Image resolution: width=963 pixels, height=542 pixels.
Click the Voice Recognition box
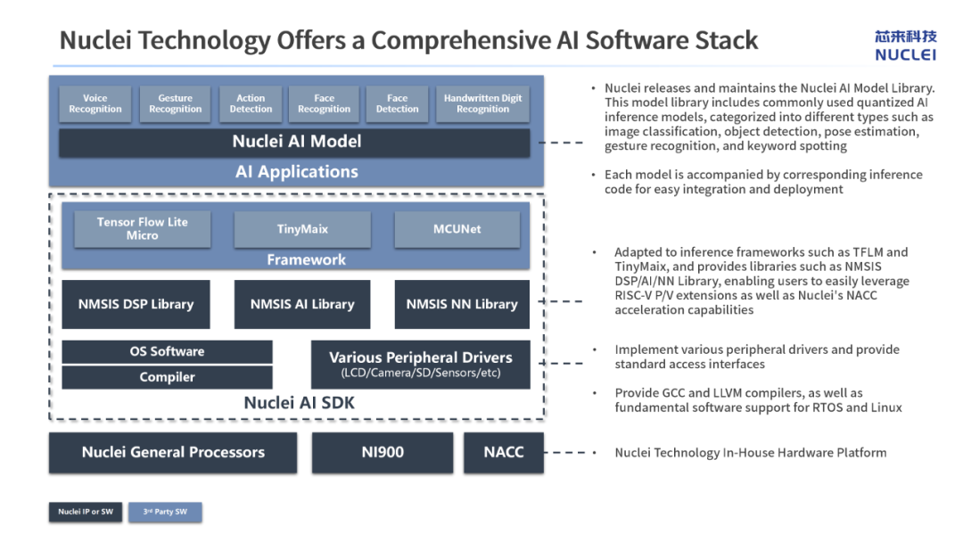coord(95,103)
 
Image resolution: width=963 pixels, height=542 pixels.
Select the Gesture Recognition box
coord(175,103)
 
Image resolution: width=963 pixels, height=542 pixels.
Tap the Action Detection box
coord(251,103)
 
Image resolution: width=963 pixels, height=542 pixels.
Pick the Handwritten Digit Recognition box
coord(482,103)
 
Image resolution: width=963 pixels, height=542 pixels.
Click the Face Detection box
coord(398,103)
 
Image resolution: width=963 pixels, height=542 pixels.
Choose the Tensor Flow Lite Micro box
coord(143,229)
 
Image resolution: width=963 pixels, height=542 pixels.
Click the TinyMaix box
coord(302,229)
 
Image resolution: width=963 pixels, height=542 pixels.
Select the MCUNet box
coord(457,229)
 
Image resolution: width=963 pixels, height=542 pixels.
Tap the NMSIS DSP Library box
coord(136,305)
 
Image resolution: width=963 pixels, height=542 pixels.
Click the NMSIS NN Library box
coord(462,305)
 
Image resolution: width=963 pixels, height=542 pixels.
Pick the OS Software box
coord(167,352)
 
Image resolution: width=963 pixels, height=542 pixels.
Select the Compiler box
coord(167,377)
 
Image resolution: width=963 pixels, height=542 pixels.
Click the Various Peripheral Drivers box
coord(421,365)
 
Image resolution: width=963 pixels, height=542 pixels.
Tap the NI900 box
coord(383,452)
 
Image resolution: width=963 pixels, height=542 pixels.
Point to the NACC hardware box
coord(504,452)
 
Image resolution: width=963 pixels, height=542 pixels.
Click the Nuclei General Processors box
coord(173,452)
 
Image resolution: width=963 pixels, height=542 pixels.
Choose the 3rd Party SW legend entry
coord(165,512)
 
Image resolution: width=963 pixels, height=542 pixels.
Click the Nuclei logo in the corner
coord(906,45)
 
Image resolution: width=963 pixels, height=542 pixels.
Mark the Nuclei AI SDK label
coord(299,403)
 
